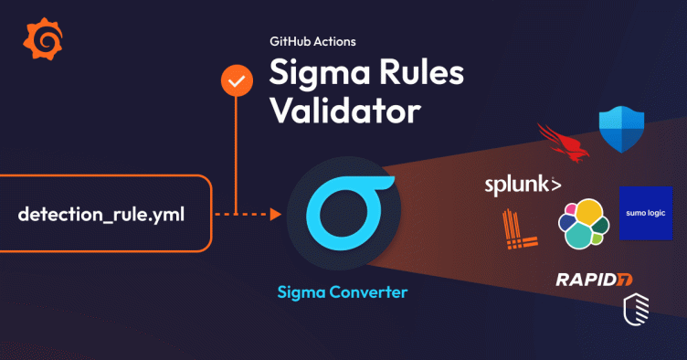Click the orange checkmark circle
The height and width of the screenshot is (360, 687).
pyautogui.click(x=238, y=81)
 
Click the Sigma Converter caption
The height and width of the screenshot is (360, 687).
pyautogui.click(x=343, y=292)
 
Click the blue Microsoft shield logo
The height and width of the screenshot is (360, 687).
pyautogui.click(x=621, y=128)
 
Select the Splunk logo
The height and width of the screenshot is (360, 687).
pyautogui.click(x=522, y=186)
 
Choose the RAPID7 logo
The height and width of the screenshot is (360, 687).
pyautogui.click(x=595, y=279)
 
